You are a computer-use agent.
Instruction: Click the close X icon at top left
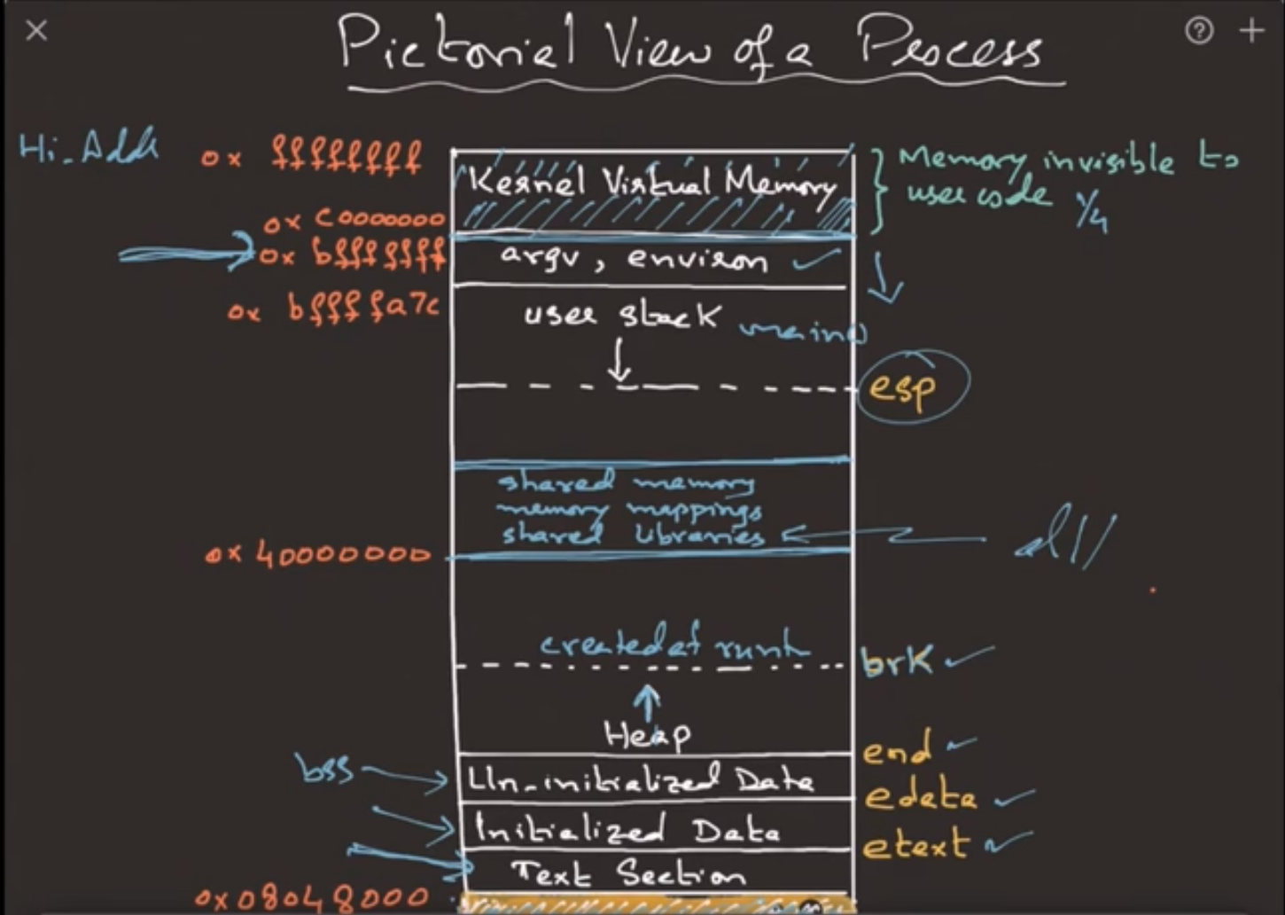(x=36, y=31)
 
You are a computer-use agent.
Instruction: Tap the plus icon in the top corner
(x=1252, y=31)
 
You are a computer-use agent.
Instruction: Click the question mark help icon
(x=1199, y=31)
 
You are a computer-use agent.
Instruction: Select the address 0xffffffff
(x=312, y=159)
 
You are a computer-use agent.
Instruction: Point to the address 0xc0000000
(x=354, y=219)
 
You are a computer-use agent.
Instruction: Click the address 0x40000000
(x=317, y=555)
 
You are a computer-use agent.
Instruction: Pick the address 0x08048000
(x=311, y=898)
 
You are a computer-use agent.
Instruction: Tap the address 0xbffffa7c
(x=333, y=309)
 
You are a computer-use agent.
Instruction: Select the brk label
(x=896, y=661)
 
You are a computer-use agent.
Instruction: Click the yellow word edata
(x=920, y=796)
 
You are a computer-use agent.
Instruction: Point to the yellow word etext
(x=915, y=844)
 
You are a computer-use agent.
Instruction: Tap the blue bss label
(x=326, y=769)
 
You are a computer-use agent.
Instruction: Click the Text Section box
(x=629, y=874)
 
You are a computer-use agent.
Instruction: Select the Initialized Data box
(x=629, y=830)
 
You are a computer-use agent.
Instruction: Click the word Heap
(x=647, y=733)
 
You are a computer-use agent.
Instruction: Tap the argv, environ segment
(x=635, y=259)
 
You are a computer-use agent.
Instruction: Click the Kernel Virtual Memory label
(x=652, y=184)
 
